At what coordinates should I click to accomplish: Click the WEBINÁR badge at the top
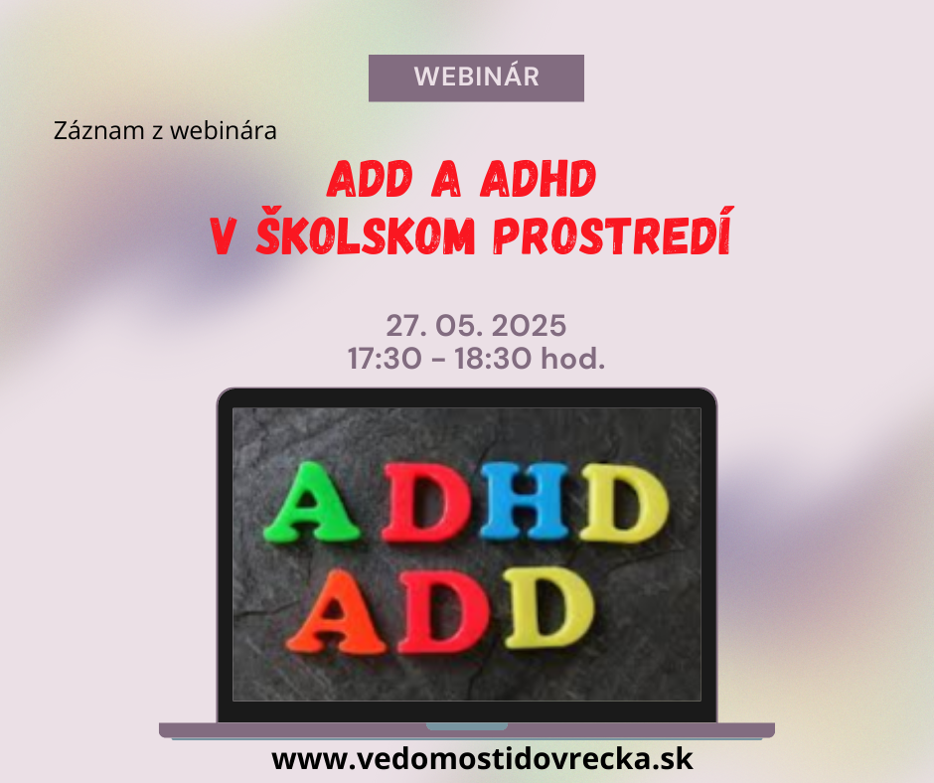pyautogui.click(x=476, y=78)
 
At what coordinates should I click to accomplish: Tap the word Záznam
pyautogui.click(x=99, y=130)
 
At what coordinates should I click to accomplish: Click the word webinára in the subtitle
pyautogui.click(x=224, y=130)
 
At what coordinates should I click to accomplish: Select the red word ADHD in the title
pyautogui.click(x=538, y=179)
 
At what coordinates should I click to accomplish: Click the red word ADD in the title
pyautogui.click(x=370, y=179)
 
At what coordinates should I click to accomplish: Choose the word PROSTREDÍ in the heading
pyautogui.click(x=613, y=233)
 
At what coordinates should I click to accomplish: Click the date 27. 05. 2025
pyautogui.click(x=476, y=326)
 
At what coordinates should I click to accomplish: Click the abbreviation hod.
pyautogui.click(x=572, y=359)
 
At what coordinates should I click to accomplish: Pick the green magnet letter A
pyautogui.click(x=311, y=503)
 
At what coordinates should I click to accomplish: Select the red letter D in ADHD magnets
pyautogui.click(x=427, y=503)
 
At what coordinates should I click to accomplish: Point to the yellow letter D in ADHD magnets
pyautogui.click(x=624, y=504)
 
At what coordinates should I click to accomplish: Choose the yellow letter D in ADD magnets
pyautogui.click(x=548, y=608)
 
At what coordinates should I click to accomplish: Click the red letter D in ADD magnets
pyautogui.click(x=443, y=611)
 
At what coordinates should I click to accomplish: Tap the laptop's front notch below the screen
pyautogui.click(x=467, y=726)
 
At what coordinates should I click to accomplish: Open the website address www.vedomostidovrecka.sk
pyautogui.click(x=482, y=759)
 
